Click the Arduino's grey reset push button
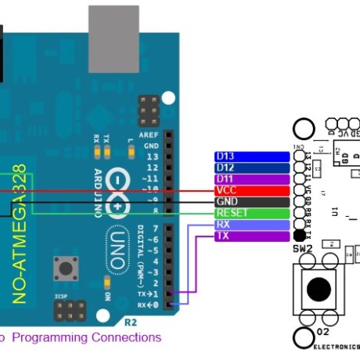pos(61,270)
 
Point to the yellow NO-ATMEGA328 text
pos(21,234)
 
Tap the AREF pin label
pos(151,135)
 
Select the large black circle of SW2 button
pos(318,289)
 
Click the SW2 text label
pos(304,248)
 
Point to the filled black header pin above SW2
pos(299,236)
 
